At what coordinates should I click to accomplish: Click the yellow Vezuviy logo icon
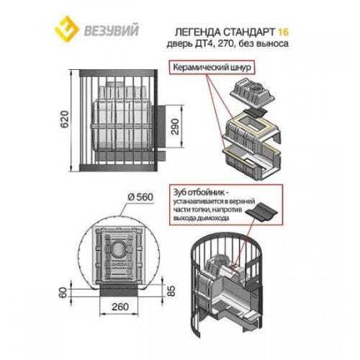[x=67, y=30]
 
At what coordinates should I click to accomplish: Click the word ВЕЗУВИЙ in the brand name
[x=111, y=31]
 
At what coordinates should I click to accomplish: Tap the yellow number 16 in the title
[x=283, y=32]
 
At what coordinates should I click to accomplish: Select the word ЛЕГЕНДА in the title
[x=195, y=32]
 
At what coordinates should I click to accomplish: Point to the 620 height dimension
[x=65, y=120]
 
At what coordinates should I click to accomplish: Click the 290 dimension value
[x=176, y=127]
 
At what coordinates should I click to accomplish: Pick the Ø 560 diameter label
[x=140, y=197]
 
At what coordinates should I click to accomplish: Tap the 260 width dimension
[x=120, y=307]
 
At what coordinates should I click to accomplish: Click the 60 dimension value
[x=63, y=292]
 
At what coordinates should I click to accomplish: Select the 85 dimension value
[x=171, y=291]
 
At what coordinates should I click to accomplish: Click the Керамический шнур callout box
[x=212, y=68]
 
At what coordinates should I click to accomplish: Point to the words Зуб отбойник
[x=199, y=192]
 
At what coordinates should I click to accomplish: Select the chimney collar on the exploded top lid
[x=258, y=87]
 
